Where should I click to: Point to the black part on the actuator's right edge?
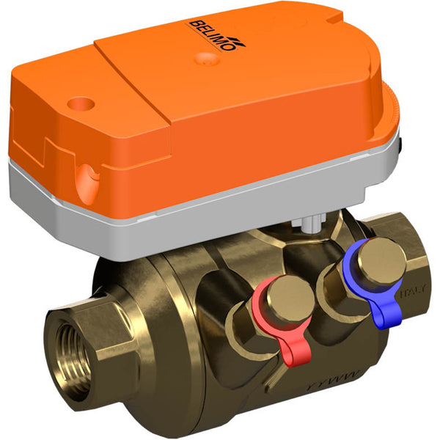[x=403, y=147]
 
